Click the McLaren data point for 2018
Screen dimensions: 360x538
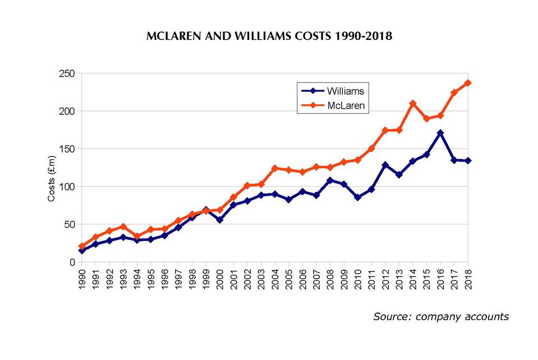click(x=468, y=83)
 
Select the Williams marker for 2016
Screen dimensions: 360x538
click(x=440, y=133)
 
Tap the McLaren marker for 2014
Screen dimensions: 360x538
click(x=413, y=103)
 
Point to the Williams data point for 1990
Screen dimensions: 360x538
click(x=82, y=251)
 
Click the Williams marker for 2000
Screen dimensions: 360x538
click(x=220, y=220)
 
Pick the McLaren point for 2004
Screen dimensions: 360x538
click(x=275, y=168)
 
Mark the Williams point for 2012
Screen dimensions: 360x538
click(x=385, y=165)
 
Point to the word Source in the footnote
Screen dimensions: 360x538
click(x=390, y=317)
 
